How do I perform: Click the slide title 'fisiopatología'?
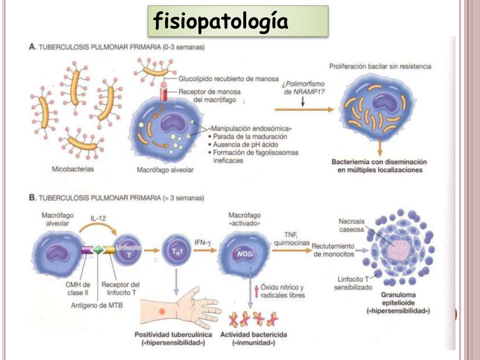point(220,22)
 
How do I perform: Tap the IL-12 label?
point(98,218)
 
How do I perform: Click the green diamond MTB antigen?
point(98,249)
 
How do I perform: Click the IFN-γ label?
point(203,242)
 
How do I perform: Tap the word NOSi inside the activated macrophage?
point(245,253)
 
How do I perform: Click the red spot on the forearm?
point(162,311)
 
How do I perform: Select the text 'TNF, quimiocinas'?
point(294,238)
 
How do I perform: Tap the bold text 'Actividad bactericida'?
point(254,335)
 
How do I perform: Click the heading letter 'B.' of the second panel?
point(32,198)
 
